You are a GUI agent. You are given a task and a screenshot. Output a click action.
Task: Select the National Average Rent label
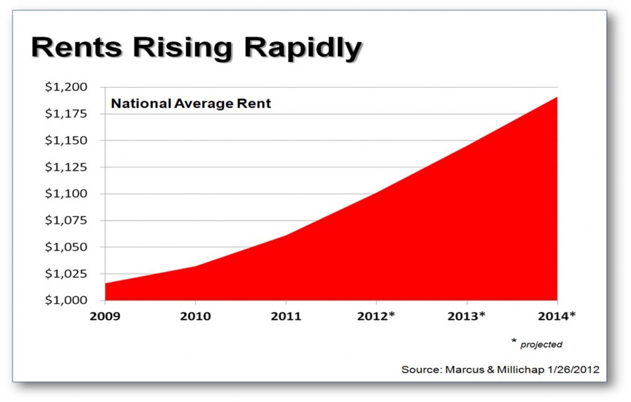191,103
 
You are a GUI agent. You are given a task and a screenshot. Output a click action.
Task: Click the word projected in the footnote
541,345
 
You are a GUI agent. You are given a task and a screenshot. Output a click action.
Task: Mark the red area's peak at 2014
557,97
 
